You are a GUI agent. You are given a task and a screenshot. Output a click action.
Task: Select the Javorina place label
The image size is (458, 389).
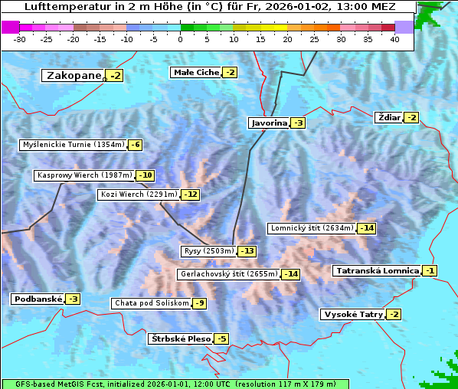[269, 123]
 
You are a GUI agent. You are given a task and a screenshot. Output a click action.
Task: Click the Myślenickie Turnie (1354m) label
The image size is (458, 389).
[73, 144]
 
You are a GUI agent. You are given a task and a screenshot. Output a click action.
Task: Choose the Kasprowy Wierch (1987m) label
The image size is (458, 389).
[84, 175]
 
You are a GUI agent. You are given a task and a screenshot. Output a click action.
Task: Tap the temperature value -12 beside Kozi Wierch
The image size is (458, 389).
[190, 194]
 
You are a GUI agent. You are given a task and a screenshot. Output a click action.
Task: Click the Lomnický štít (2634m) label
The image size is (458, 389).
[312, 227]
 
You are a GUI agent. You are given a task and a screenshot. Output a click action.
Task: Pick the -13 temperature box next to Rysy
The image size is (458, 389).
[247, 251]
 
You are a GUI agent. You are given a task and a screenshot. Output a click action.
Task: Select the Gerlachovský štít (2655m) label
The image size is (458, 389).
[228, 273]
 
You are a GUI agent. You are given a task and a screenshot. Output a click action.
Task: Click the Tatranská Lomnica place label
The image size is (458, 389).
[377, 270]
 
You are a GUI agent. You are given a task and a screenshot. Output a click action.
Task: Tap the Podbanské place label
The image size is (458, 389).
[37, 299]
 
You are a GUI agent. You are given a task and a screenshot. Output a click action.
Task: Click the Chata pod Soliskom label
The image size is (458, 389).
[151, 303]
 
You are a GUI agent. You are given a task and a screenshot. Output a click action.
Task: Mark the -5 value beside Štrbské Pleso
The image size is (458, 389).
[221, 338]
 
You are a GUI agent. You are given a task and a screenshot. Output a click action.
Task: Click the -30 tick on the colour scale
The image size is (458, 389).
[20, 38]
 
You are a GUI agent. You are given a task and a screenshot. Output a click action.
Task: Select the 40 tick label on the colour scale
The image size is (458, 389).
[394, 38]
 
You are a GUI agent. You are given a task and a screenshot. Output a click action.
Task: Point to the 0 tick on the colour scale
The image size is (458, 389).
[181, 38]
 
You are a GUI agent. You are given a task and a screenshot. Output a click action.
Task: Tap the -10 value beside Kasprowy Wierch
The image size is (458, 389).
[145, 175]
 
